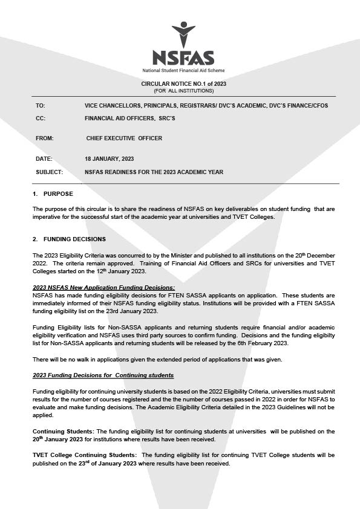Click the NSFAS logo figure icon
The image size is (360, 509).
point(183,34)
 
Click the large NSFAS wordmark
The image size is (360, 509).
point(183,58)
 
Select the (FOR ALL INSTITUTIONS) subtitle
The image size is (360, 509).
point(183,91)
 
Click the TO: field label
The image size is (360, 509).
point(41,106)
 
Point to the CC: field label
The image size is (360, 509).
point(41,118)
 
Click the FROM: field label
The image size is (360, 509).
point(45,138)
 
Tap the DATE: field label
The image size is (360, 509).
point(44,159)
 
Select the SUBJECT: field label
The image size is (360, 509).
point(50,172)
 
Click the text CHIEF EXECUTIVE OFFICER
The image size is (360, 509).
point(124,138)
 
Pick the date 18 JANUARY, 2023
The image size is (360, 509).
point(110,159)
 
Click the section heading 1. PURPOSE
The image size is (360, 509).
point(53,194)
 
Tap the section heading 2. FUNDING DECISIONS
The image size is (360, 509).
point(69,239)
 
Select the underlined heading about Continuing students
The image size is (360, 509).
point(103,376)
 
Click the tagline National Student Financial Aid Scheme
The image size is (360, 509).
point(183,71)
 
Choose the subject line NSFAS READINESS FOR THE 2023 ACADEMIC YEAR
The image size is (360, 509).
point(154,172)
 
